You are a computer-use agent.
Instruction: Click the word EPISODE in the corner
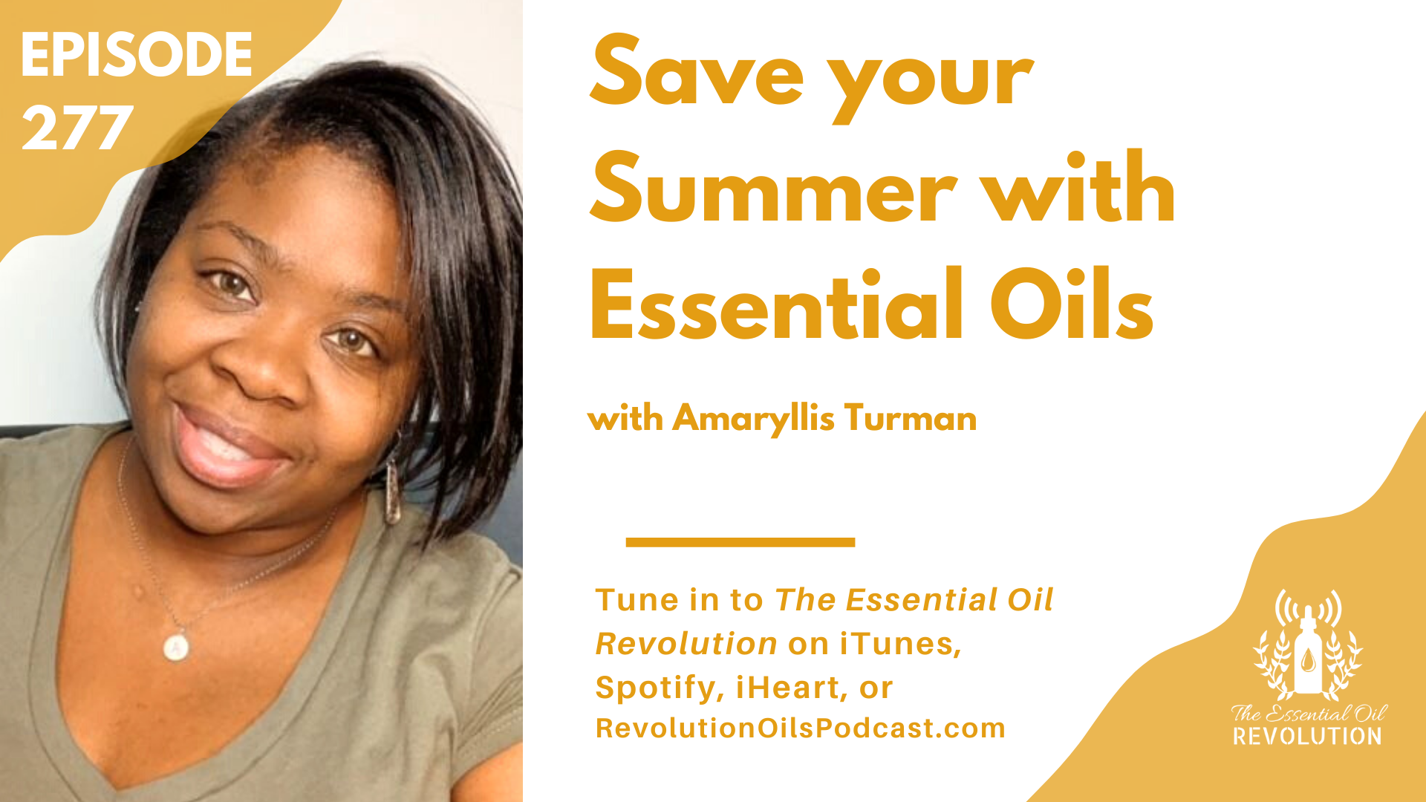(137, 55)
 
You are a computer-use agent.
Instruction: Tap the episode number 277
(77, 128)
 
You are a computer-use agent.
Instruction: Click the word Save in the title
(697, 71)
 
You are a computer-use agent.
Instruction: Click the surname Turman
(910, 418)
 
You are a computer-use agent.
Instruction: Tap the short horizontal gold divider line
(740, 542)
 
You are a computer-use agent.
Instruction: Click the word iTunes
(900, 644)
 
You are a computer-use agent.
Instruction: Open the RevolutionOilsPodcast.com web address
(800, 728)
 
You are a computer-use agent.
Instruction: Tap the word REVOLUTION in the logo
(1307, 737)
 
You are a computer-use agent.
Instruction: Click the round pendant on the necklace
(176, 647)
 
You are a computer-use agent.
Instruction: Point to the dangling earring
(391, 490)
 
